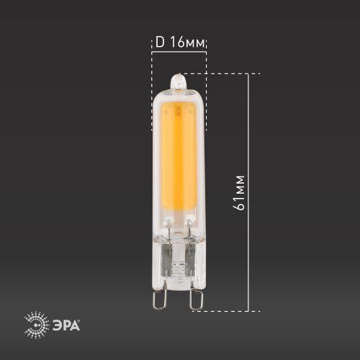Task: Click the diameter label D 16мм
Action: [180, 42]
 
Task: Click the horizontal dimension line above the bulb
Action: [179, 51]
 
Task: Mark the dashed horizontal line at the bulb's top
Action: [223, 73]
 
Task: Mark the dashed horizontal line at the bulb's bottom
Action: [230, 311]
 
